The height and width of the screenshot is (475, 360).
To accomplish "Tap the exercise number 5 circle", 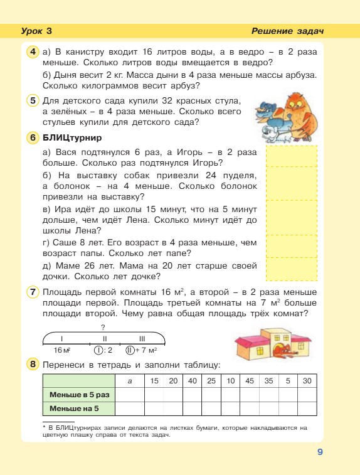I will (33, 100).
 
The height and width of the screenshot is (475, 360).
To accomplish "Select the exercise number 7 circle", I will (33, 292).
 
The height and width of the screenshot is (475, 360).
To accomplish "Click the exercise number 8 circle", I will (33, 365).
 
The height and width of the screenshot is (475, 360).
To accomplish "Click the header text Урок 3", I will (36, 31).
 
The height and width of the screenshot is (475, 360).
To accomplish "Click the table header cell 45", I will (250, 381).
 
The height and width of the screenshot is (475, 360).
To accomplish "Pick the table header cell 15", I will (154, 381).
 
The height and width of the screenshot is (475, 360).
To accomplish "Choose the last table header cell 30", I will (307, 381).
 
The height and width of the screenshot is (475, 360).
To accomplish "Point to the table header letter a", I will (130, 381).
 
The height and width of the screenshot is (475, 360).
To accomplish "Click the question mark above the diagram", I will (102, 327).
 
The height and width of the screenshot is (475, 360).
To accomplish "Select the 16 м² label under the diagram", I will (61, 350).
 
